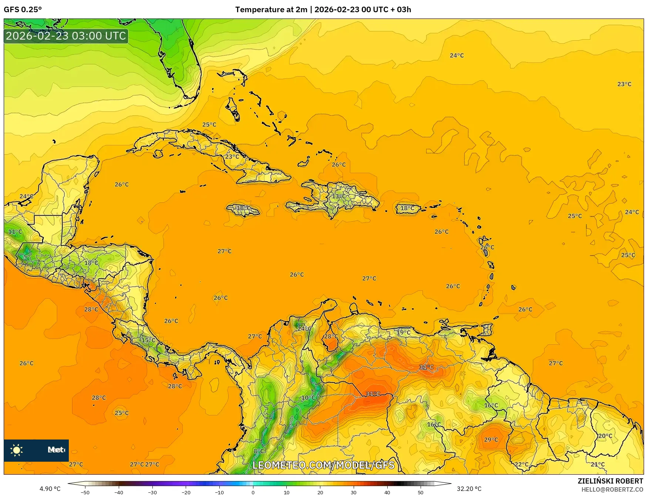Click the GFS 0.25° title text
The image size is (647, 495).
coord(23,10)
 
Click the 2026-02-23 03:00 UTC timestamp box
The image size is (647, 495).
coord(66,36)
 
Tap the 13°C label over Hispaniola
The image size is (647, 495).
coord(338,196)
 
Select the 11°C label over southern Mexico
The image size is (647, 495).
coord(15,232)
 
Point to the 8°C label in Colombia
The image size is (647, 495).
coord(259,451)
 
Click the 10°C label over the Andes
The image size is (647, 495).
coord(308,398)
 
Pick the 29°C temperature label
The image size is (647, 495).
coord(491,440)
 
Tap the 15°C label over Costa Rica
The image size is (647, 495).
coord(149,340)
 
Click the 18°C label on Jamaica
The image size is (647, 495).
coord(243,208)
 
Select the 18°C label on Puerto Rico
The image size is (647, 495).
coord(407,209)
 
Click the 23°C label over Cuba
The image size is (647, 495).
coord(232,157)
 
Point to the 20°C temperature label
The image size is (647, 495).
coord(605,436)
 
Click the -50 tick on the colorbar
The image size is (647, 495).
coord(85,492)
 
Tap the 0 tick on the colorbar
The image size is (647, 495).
coord(253,492)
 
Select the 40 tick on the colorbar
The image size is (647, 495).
coord(387,492)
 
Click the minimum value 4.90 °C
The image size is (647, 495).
coord(50,489)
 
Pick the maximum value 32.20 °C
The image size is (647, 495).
coord(469,489)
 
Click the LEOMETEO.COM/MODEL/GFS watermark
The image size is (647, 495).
coord(323,465)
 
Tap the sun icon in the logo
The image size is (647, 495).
coord(17,450)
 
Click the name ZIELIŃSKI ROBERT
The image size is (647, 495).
coord(610,481)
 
